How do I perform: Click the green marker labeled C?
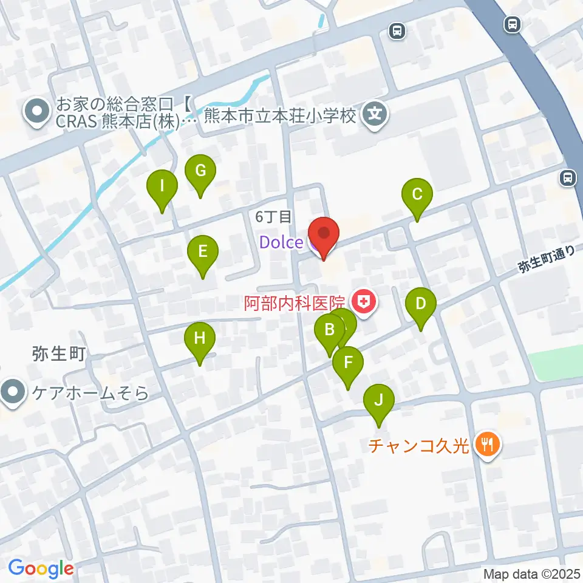(x=417, y=195)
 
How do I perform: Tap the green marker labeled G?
(x=200, y=171)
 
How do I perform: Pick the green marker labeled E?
(x=203, y=251)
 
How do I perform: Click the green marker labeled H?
(x=200, y=339)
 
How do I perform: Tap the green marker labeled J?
(x=378, y=401)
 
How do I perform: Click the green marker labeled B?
(x=329, y=331)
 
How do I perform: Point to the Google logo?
(x=41, y=568)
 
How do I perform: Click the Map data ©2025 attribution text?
(x=532, y=574)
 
